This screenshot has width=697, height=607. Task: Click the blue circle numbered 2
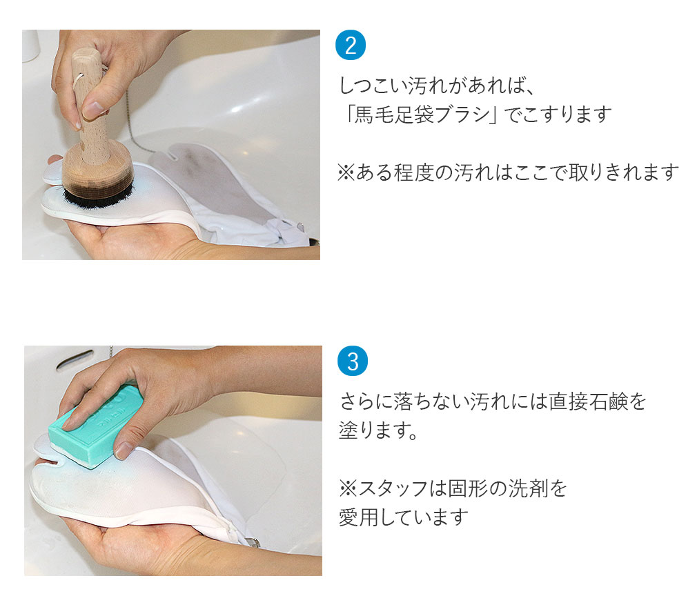[x=350, y=46]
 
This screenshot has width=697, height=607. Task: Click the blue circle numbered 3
[x=352, y=361]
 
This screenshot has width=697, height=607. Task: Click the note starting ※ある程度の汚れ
[x=508, y=172]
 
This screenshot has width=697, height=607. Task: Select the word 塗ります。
[x=378, y=432]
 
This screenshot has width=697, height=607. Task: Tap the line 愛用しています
[x=403, y=517]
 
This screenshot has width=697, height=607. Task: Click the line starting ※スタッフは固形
[x=452, y=488]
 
